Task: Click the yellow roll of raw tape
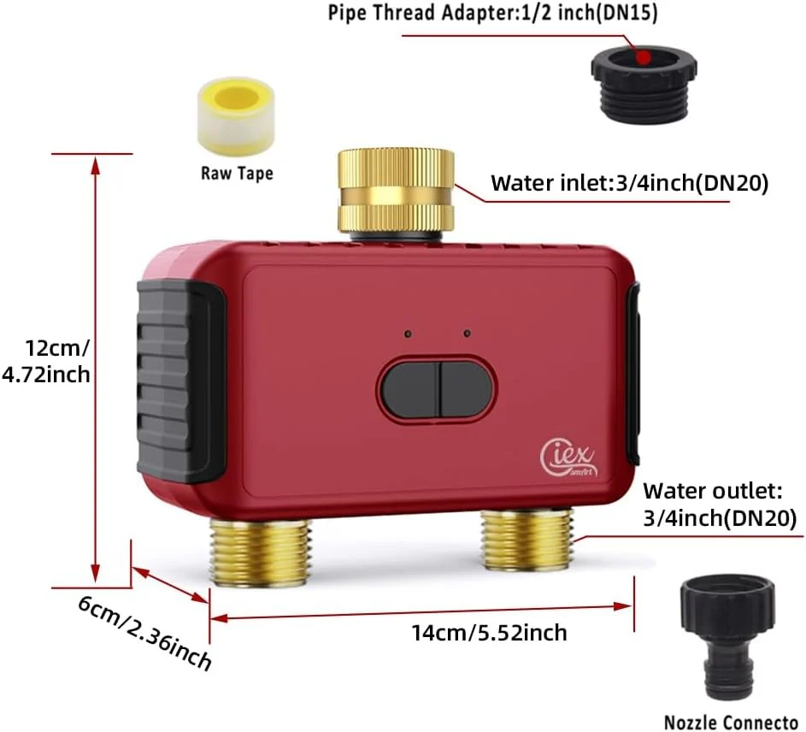(235, 116)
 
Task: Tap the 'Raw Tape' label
(237, 173)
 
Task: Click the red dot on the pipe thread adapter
(643, 57)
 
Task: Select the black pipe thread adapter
(644, 85)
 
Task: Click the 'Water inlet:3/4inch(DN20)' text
(630, 183)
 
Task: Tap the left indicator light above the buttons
(408, 334)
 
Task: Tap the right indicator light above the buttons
(467, 334)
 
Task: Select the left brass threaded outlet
(261, 551)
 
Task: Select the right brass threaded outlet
(527, 540)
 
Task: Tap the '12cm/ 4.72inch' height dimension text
(46, 361)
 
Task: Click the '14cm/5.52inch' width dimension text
(490, 632)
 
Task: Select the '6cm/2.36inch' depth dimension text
(145, 633)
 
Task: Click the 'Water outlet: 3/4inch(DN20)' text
(720, 505)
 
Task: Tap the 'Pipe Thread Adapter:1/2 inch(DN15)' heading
(492, 13)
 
